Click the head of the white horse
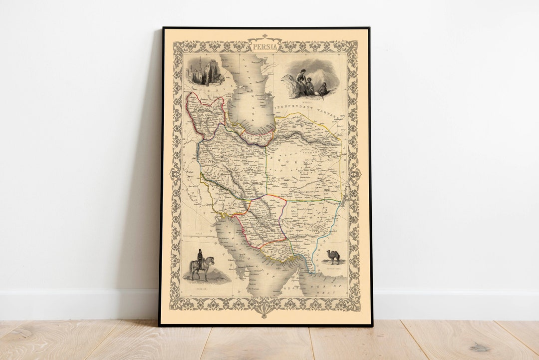click(x=212, y=260)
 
